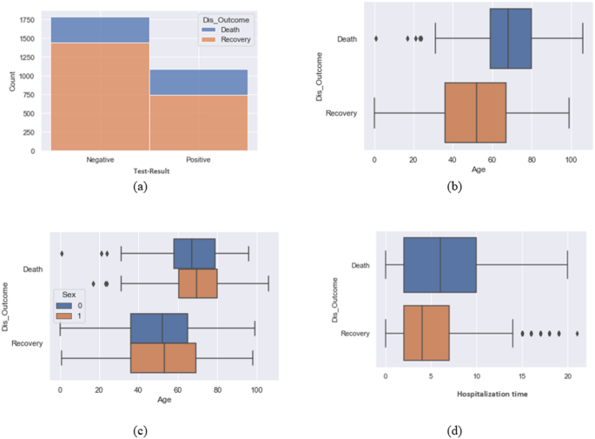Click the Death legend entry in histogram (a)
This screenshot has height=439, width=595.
pyautogui.click(x=224, y=29)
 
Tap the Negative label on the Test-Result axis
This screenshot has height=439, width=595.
pyautogui.click(x=100, y=160)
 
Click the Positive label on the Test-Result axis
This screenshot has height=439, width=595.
pyautogui.click(x=199, y=160)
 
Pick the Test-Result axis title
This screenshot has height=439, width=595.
pyautogui.click(x=149, y=170)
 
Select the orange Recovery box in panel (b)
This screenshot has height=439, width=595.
pyautogui.click(x=475, y=113)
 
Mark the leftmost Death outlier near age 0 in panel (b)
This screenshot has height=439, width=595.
pyautogui.click(x=375, y=38)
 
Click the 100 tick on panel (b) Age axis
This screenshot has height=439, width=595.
pyautogui.click(x=571, y=160)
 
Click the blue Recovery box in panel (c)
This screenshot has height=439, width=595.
pyautogui.click(x=159, y=328)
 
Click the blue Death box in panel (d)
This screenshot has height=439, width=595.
pyautogui.click(x=440, y=265)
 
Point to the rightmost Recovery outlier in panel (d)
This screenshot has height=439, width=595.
pyautogui.click(x=577, y=333)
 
